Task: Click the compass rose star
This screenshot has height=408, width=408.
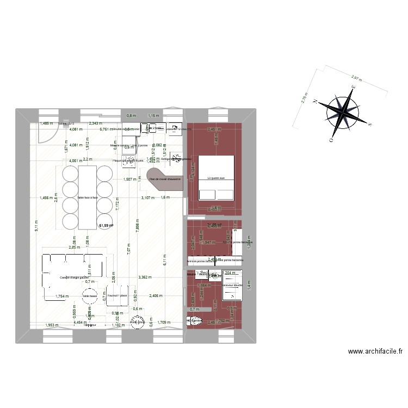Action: coord(342,110)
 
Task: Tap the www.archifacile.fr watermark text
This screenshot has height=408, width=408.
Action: coord(375,351)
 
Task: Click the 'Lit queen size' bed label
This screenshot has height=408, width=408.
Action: coord(217,178)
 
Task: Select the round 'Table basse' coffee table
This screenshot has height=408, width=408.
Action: coord(88,296)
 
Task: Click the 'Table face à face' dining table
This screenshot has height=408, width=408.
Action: coord(87,197)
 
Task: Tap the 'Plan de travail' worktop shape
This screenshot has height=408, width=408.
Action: coord(163,180)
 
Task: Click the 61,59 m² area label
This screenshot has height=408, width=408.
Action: coord(106,225)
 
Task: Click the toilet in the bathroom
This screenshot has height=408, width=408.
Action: coord(195,322)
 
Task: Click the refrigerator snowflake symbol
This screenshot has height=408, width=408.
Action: coord(175,158)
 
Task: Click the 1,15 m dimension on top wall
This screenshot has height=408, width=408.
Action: coord(154,115)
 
